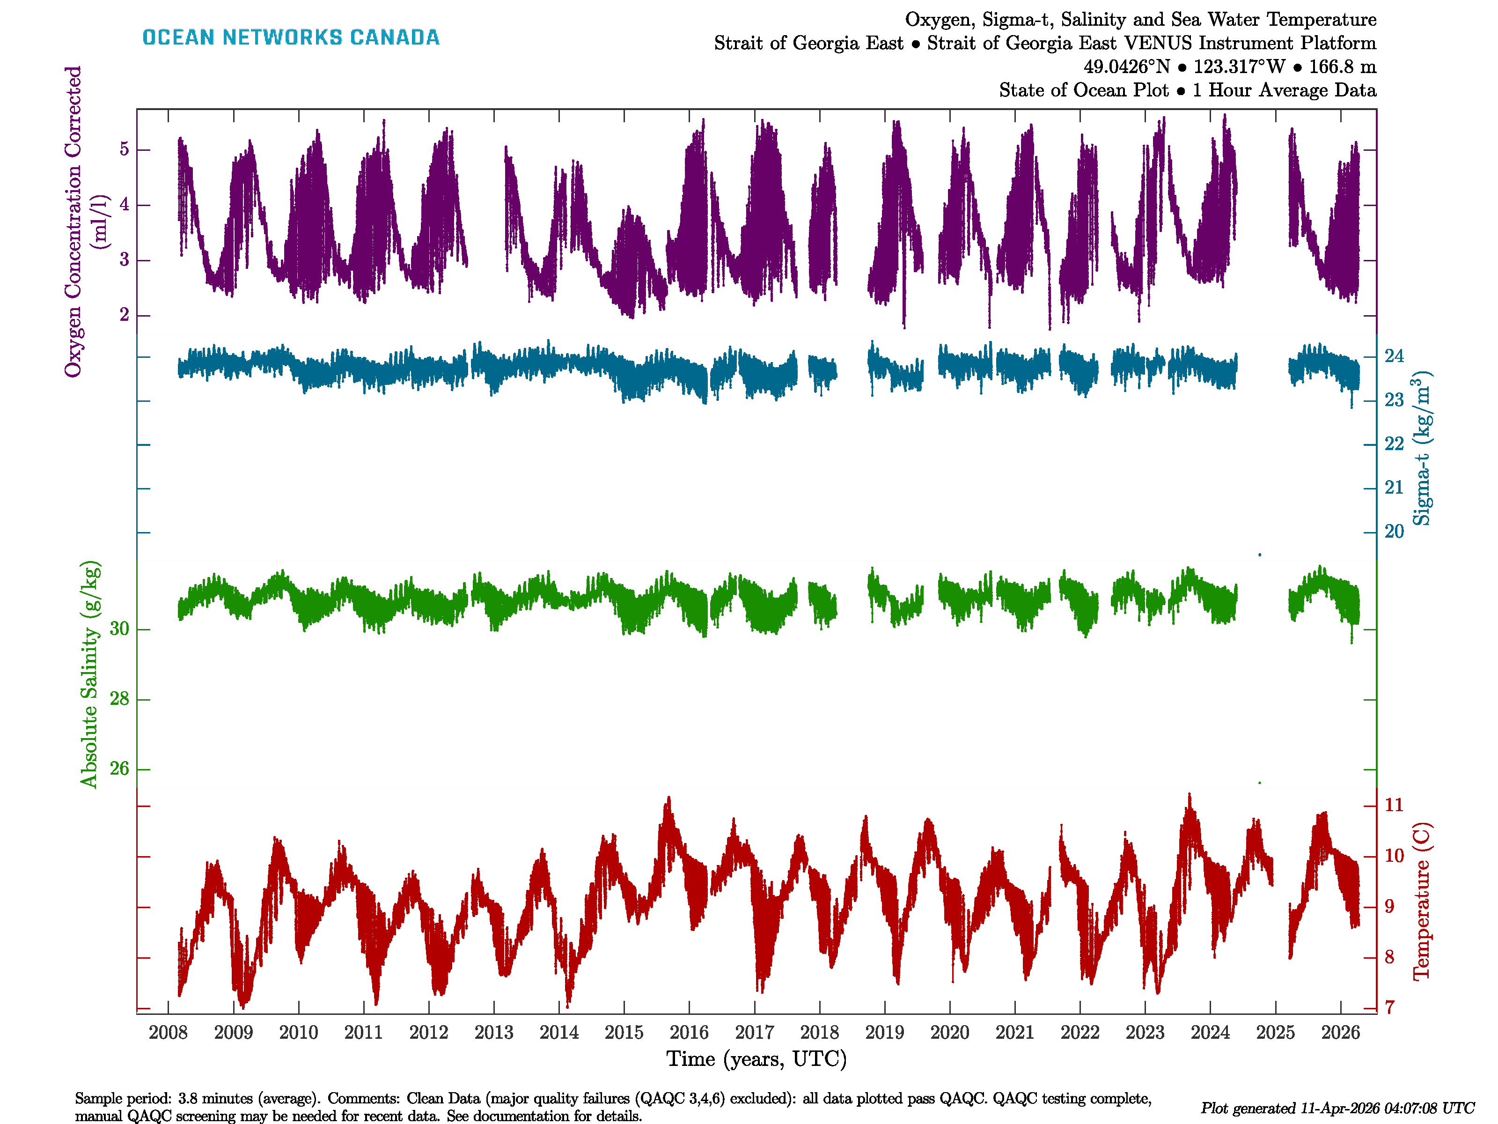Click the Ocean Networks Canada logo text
[x=291, y=37]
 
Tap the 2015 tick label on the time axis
[x=624, y=1033]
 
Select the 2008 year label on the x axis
[x=168, y=1033]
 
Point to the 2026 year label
[x=1340, y=1033]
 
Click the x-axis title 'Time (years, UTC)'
[x=756, y=1059]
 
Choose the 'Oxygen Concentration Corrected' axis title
[x=73, y=221]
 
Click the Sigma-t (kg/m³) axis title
[x=1422, y=448]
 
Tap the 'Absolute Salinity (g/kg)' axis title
[x=89, y=674]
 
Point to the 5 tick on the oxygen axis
[x=124, y=149]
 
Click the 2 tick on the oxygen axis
[x=124, y=315]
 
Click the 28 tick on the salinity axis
[x=119, y=699]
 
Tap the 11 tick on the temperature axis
[x=1394, y=805]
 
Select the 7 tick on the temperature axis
[x=1390, y=1007]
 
